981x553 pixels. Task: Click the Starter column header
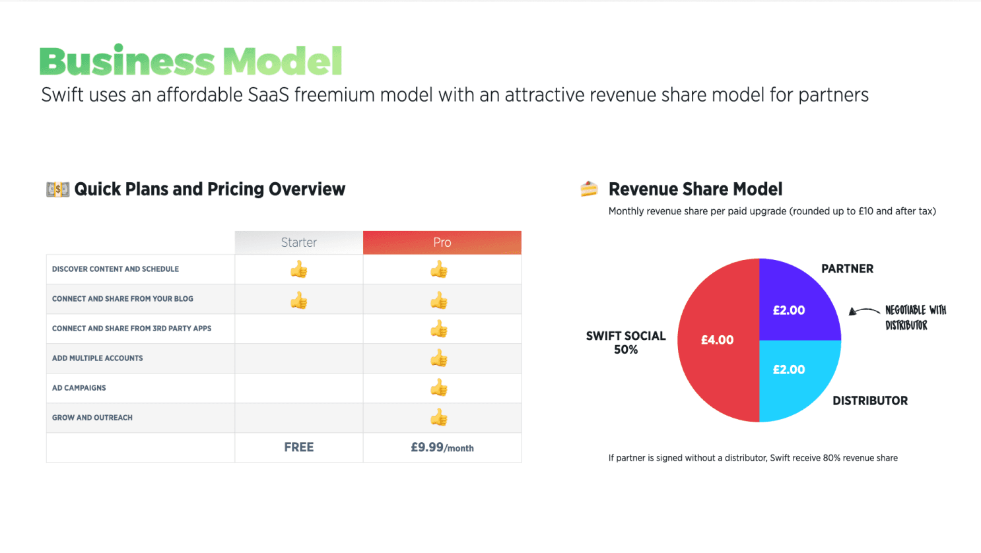tap(298, 242)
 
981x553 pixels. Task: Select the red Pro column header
tap(442, 242)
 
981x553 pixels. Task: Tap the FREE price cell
tap(298, 447)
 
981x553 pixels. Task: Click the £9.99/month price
tap(442, 447)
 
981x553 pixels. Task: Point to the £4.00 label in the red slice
tap(718, 340)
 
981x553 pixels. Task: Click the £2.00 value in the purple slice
tap(789, 310)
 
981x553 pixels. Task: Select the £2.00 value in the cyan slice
tap(789, 370)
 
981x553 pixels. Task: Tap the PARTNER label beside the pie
tap(848, 269)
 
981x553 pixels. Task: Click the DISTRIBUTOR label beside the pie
tap(870, 401)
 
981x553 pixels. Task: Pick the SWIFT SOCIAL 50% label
tap(626, 342)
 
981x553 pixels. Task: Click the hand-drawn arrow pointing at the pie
tap(863, 311)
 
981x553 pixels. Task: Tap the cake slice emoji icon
tap(589, 189)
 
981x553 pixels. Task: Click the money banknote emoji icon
tap(58, 189)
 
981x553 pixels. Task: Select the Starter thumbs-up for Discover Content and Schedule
tap(298, 269)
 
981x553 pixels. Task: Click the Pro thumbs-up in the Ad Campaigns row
tap(439, 387)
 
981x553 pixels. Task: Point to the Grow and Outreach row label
tap(92, 418)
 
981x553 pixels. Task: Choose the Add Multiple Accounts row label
tap(97, 358)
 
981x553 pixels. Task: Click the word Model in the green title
tap(283, 61)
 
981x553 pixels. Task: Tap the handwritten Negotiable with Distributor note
tap(916, 317)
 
